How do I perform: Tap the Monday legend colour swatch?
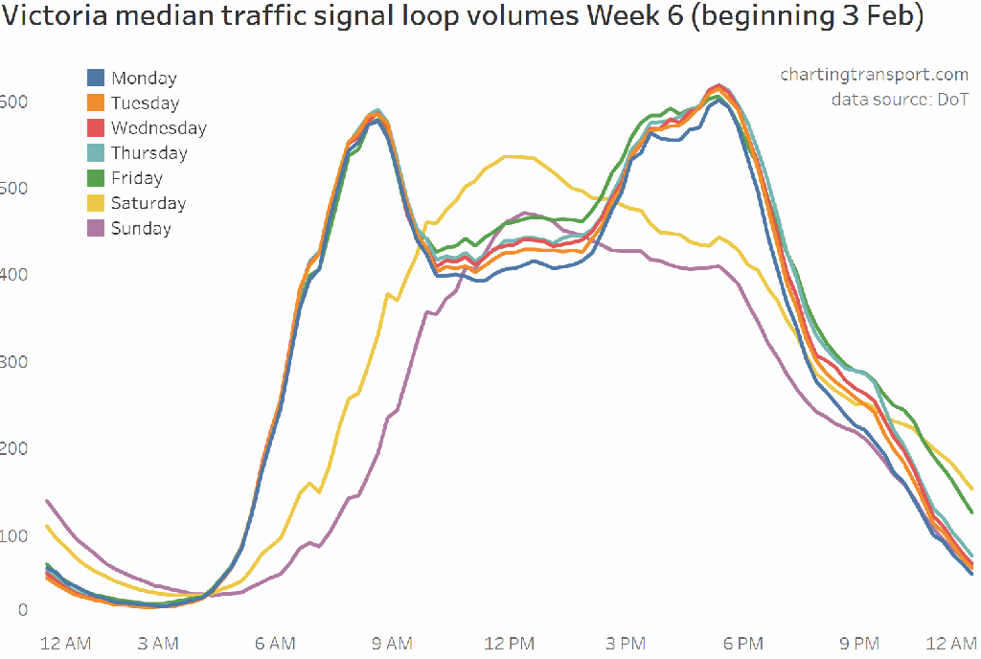(x=96, y=79)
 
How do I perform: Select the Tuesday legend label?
(x=145, y=103)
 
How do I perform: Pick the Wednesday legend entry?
(x=158, y=128)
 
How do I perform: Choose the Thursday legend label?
(x=148, y=153)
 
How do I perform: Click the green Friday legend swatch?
(x=96, y=178)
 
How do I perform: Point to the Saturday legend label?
(x=148, y=203)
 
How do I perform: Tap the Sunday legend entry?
(x=141, y=228)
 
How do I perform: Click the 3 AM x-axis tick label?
(x=157, y=642)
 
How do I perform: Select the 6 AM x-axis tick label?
(x=275, y=642)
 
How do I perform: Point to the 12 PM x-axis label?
(x=509, y=642)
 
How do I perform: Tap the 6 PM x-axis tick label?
(x=742, y=642)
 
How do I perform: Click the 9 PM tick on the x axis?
(x=859, y=642)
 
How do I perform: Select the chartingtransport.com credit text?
(x=874, y=75)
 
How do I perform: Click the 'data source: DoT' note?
(x=900, y=100)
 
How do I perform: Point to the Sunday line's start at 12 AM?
(x=47, y=500)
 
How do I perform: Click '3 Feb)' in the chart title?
(x=880, y=18)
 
